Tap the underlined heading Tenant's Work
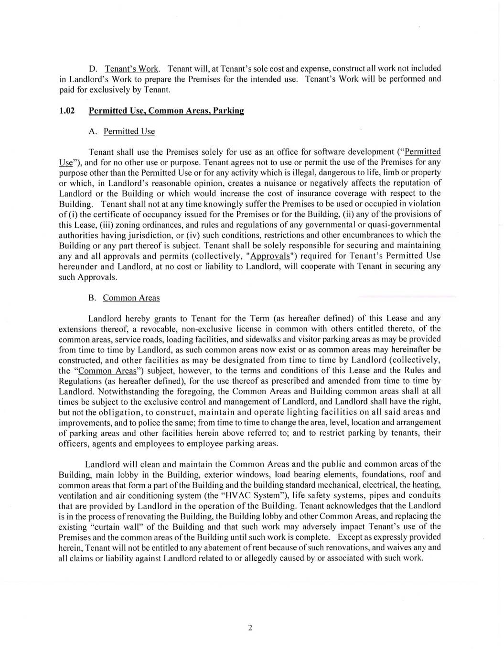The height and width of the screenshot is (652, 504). tap(131, 68)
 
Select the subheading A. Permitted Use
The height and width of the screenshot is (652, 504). tap(121, 131)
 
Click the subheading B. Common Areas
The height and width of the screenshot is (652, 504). tap(124, 298)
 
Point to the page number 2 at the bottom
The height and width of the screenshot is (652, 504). tap(250, 628)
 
